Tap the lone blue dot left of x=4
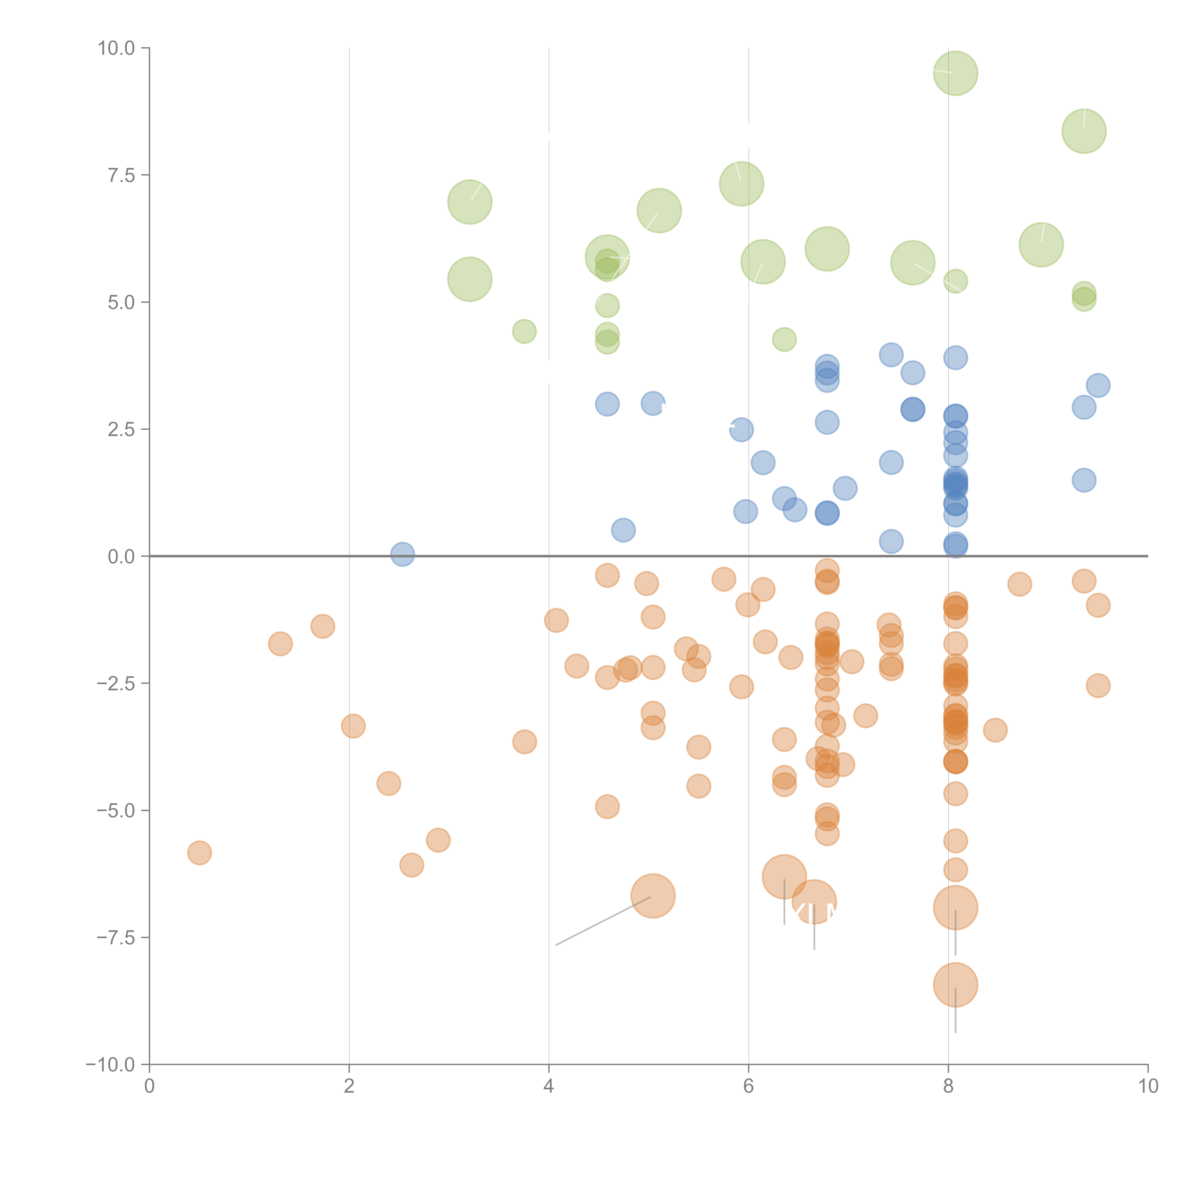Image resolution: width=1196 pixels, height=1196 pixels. click(402, 554)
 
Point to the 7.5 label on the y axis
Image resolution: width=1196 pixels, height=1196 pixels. click(121, 175)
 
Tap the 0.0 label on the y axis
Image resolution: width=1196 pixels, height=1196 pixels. click(121, 557)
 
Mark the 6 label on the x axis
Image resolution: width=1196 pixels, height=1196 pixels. click(748, 1086)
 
